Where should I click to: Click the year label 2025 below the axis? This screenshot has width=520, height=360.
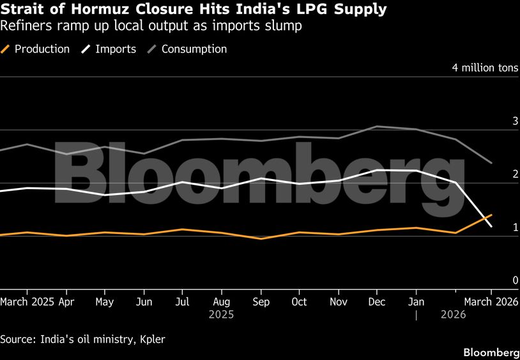click(x=221, y=315)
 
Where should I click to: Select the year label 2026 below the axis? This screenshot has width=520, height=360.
click(x=453, y=315)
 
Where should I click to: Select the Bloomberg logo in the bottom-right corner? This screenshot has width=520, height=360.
click(x=491, y=352)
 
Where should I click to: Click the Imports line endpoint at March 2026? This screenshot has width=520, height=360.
click(x=491, y=226)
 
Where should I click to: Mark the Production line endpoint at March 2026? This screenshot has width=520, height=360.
click(x=491, y=215)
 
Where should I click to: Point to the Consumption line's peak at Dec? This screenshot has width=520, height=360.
click(x=378, y=127)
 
